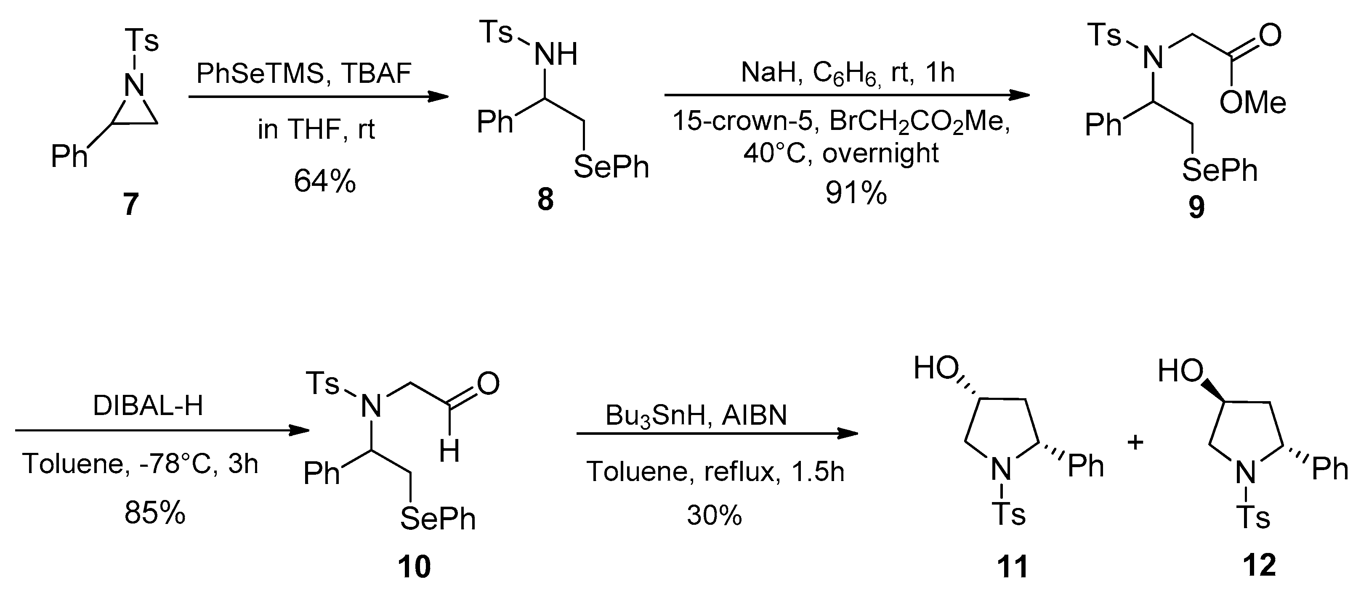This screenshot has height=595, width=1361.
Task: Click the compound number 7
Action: coord(130,204)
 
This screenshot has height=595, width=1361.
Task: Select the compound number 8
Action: coord(545,200)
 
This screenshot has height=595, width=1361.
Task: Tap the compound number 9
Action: coord(1197,207)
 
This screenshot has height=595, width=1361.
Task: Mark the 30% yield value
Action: coord(714,515)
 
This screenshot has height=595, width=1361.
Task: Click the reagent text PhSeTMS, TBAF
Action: coord(304,74)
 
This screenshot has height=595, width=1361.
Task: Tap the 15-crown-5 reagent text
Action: coord(742,122)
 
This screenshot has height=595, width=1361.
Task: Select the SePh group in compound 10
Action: coord(438,519)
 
